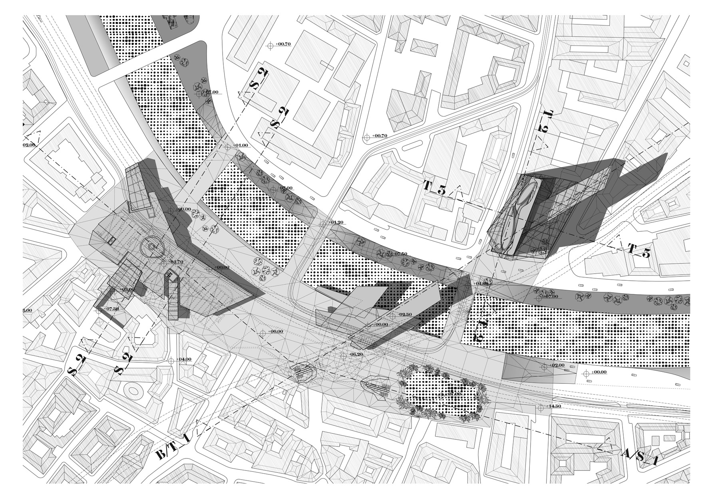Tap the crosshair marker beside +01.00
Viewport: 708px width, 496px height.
point(228,147)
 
